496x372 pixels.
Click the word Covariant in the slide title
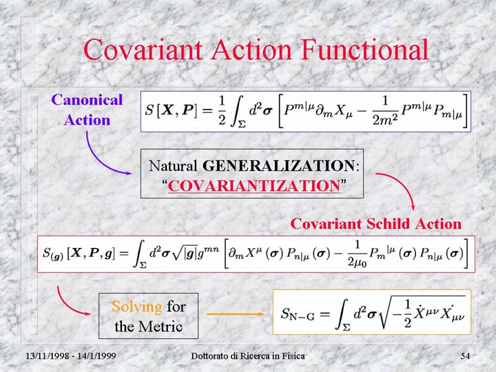click(x=143, y=50)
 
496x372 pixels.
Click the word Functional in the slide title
click(x=364, y=50)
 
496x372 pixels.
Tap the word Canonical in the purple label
click(x=87, y=100)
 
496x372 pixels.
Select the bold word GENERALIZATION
click(x=279, y=165)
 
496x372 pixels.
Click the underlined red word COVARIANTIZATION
click(x=254, y=186)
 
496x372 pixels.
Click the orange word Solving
click(x=137, y=307)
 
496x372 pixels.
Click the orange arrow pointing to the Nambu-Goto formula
click(x=235, y=314)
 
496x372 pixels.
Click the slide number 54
click(x=465, y=356)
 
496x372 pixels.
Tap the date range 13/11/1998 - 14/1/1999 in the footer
click(x=70, y=356)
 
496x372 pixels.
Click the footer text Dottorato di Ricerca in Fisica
click(x=248, y=356)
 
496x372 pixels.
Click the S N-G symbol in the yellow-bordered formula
click(x=298, y=314)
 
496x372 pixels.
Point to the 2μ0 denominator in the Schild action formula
click(x=357, y=262)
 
